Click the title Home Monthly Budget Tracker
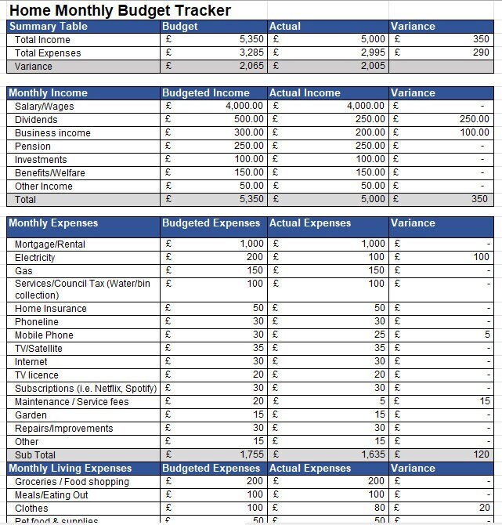coord(120,10)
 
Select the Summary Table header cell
coord(48,26)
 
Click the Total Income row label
coord(42,39)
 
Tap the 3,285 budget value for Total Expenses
coord(251,52)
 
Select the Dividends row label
coord(36,119)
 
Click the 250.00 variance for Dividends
coord(474,119)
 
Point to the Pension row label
coord(33,146)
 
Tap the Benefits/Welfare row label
coord(50,172)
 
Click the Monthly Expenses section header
coord(53,223)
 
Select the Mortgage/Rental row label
coord(50,244)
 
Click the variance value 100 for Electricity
coord(481,257)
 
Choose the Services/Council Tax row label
coord(82,283)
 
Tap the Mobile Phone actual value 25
coord(379,335)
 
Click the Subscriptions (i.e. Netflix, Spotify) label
coord(85,388)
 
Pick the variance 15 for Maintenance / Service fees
coord(485,401)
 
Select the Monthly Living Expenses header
coord(70,468)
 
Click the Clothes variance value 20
coord(484,508)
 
